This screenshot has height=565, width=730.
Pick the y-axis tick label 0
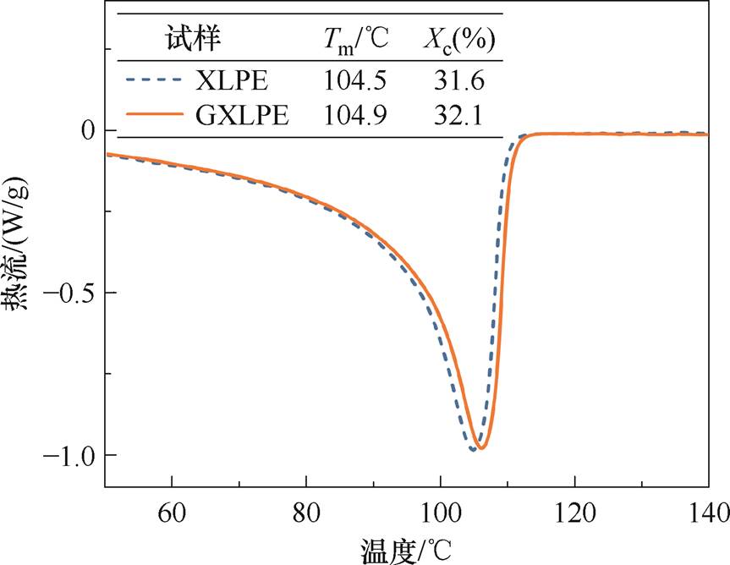(x=86, y=131)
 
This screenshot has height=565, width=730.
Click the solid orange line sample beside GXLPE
(x=154, y=114)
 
